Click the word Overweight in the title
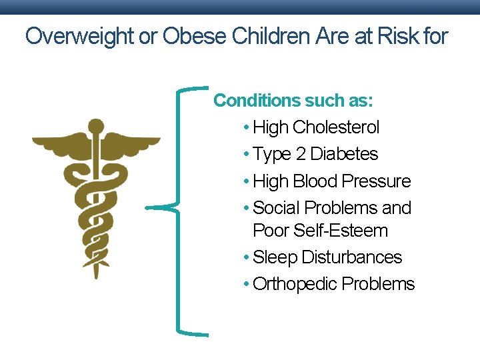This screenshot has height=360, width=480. click(x=79, y=37)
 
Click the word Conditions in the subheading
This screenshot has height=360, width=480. click(x=256, y=101)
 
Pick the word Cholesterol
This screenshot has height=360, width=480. click(x=335, y=127)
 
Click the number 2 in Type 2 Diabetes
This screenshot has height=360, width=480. click(x=301, y=154)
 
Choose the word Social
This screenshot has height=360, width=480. click(x=276, y=208)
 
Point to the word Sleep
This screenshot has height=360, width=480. click(x=275, y=257)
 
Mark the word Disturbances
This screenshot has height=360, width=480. click(x=352, y=257)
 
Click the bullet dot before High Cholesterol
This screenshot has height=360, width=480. click(x=247, y=128)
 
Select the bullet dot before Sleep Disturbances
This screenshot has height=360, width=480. click(x=247, y=258)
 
